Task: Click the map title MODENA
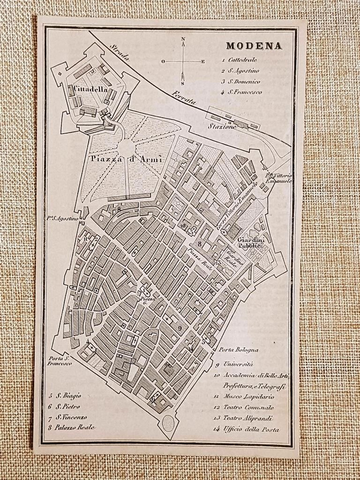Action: pyautogui.click(x=254, y=46)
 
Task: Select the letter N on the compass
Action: pyautogui.click(x=183, y=39)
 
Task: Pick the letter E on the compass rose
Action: pyautogui.click(x=203, y=61)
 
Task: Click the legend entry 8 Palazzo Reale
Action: pyautogui.click(x=72, y=427)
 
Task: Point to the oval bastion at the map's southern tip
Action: pyautogui.click(x=167, y=423)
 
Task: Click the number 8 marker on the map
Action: pyautogui.click(x=199, y=244)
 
